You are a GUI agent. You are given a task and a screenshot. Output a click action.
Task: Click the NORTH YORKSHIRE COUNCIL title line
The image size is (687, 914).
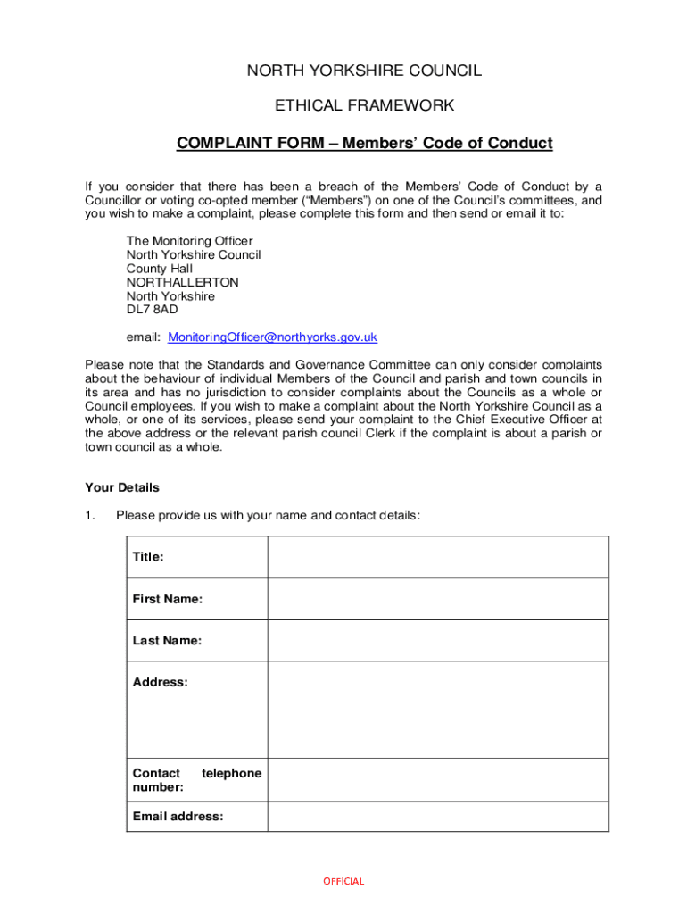(x=364, y=71)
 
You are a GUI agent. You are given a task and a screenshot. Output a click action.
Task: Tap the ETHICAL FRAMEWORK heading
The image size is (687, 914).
(x=364, y=106)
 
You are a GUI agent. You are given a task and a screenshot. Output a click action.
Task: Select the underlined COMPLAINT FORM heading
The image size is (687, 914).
(x=364, y=143)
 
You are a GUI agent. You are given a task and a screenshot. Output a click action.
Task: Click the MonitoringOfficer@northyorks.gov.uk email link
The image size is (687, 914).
(x=273, y=337)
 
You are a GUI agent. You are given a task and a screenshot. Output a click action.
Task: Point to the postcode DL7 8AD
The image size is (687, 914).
(x=152, y=310)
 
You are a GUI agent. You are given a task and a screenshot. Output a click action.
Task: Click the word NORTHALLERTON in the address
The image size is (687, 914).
(x=183, y=282)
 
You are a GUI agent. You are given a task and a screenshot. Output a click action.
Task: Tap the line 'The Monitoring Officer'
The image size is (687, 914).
(x=189, y=241)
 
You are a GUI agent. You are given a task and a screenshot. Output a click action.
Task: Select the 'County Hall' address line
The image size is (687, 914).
(x=159, y=269)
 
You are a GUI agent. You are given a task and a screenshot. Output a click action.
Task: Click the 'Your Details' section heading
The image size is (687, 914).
(x=122, y=487)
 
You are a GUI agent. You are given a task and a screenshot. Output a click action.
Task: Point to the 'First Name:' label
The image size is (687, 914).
(x=168, y=599)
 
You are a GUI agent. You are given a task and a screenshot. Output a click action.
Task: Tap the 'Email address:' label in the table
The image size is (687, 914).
(x=178, y=816)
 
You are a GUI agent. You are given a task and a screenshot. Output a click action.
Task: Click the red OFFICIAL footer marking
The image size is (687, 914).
(x=343, y=881)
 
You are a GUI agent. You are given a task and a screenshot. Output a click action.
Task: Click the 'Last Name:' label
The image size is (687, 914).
(x=167, y=640)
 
